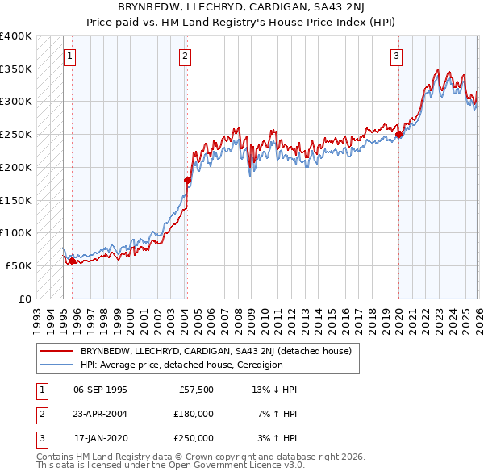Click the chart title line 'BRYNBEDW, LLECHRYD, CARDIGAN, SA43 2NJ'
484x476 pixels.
[241, 7]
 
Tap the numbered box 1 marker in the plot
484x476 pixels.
[70, 56]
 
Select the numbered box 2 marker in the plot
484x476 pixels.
[186, 56]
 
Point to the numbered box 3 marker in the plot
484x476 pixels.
[397, 56]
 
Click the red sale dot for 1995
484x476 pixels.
[72, 261]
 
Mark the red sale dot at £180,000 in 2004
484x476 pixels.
[187, 180]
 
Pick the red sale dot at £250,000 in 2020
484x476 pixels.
[399, 134]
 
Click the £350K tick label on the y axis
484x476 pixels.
[16, 69]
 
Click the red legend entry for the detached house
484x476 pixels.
[215, 352]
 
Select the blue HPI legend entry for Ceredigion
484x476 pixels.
[181, 365]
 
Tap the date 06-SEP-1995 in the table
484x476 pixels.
[100, 390]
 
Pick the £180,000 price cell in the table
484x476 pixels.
[194, 414]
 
